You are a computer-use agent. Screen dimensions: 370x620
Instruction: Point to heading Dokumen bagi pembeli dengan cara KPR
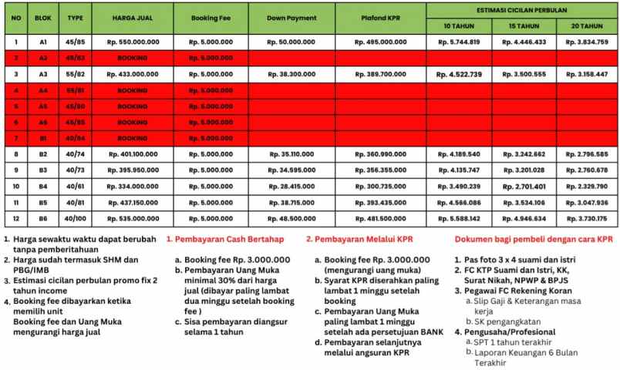point(534,240)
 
